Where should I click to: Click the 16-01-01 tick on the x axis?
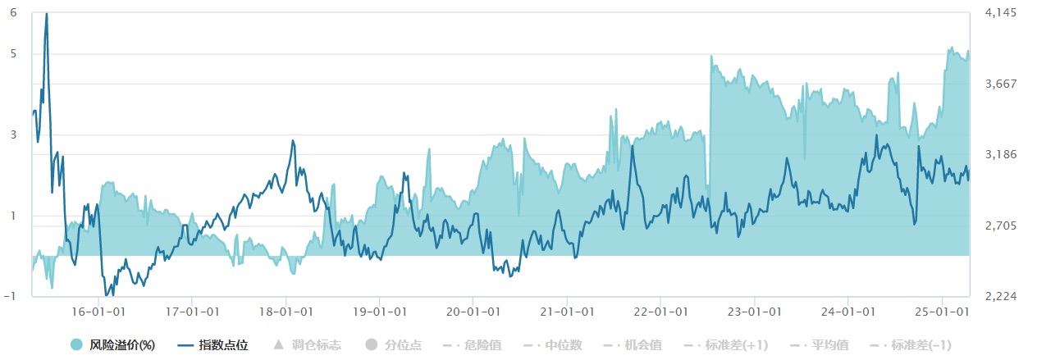(x=98, y=312)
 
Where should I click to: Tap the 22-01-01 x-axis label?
(x=660, y=312)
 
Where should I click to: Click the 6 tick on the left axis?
(x=14, y=12)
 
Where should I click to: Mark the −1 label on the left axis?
(x=11, y=296)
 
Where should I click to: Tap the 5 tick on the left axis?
(x=14, y=53)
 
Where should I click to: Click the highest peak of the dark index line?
(x=46, y=14)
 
